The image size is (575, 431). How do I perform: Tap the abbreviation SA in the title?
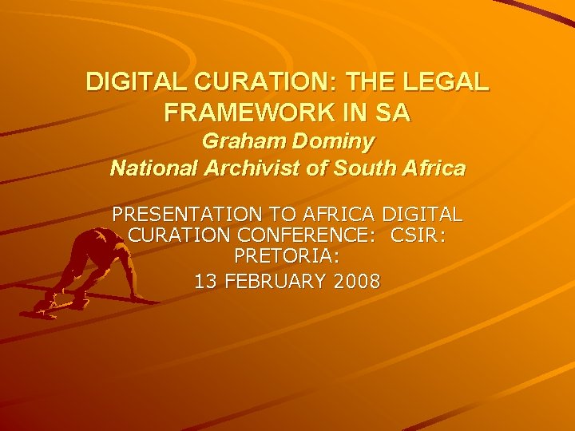click(x=395, y=113)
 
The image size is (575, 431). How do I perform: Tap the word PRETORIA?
click(x=287, y=258)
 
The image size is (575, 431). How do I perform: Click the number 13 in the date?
click(x=205, y=280)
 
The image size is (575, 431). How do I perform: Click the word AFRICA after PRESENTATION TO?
click(x=339, y=215)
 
